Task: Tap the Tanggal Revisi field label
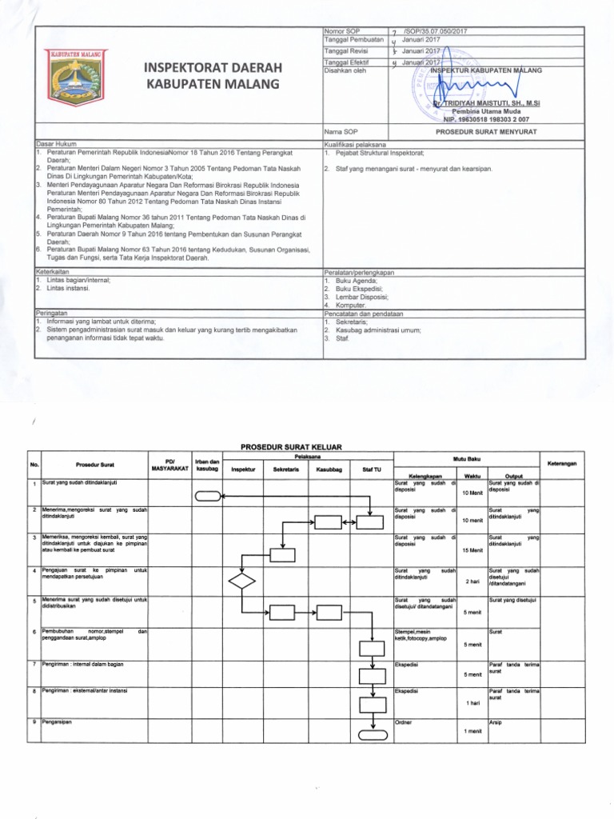[345, 50]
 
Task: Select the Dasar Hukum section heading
[54, 144]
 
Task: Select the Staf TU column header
[372, 469]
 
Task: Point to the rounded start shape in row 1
[207, 495]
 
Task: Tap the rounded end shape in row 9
[372, 735]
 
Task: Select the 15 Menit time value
[472, 550]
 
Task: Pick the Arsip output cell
[495, 722]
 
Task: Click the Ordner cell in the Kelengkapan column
[404, 722]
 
